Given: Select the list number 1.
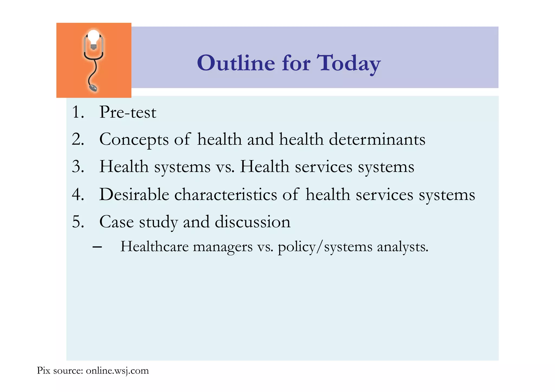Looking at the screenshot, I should (78, 112).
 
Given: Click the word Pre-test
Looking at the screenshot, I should (128, 112).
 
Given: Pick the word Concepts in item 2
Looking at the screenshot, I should (134, 140).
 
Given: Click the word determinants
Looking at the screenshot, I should (377, 139).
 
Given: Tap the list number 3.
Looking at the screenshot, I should (78, 166).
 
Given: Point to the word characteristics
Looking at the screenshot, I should (225, 194).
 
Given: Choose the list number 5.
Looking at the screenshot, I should (78, 222).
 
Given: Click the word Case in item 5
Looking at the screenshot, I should (117, 222).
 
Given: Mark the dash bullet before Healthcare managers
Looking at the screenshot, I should (97, 247).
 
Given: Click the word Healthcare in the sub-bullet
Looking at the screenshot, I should (154, 247).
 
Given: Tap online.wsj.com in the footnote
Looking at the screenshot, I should (117, 371).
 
